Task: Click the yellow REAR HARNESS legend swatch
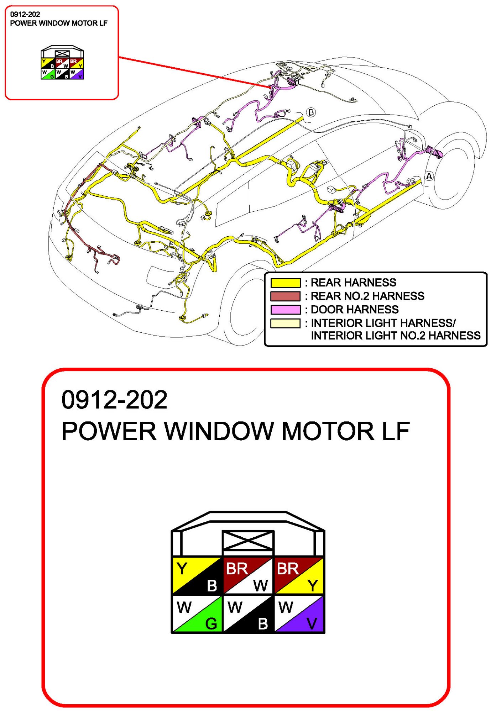[285, 283]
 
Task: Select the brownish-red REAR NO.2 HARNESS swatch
[285, 296]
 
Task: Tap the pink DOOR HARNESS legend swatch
[285, 310]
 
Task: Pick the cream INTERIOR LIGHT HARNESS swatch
[285, 323]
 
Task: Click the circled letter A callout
[429, 176]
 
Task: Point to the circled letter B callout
[311, 112]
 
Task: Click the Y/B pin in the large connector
[197, 575]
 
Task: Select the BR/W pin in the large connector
[248, 575]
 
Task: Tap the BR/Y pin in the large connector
[298, 575]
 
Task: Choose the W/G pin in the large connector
[197, 614]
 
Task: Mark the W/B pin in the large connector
[248, 614]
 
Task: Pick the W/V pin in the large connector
[298, 614]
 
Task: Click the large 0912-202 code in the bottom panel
[114, 400]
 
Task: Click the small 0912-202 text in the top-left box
[25, 15]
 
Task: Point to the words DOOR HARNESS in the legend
[355, 310]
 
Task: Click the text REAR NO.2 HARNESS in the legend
[367, 296]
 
